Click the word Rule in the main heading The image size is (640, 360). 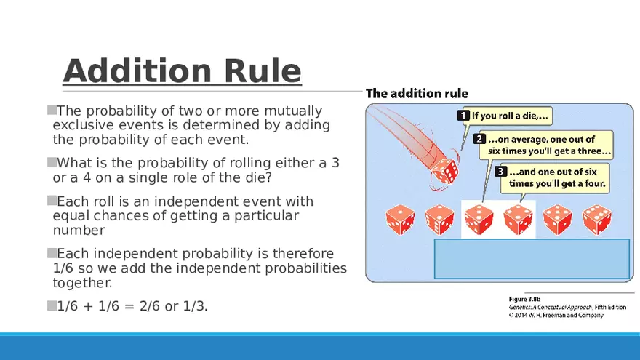coord(263,71)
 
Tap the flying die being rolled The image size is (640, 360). coord(444,171)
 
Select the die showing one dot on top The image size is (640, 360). coord(400,220)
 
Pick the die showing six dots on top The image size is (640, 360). coord(597,220)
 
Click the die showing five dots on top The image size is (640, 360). coord(558,220)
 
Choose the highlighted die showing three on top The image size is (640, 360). coord(479,220)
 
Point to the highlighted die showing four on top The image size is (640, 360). coord(518,220)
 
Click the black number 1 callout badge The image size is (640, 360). coord(463,116)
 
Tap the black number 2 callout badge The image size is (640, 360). coord(479,139)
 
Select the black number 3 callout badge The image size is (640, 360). coord(501,172)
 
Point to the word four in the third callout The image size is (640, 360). coord(595,183)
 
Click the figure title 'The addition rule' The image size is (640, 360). coord(417,94)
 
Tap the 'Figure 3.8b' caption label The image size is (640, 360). coord(524,299)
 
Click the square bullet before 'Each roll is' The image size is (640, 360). coord(52,201)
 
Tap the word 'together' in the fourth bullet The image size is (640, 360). coord(82,283)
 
